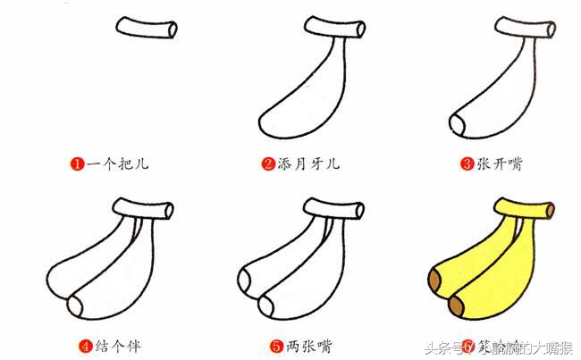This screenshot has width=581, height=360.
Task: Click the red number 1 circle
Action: [x=78, y=163]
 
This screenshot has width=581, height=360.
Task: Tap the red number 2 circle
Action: [x=267, y=163]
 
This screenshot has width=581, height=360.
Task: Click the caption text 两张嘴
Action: [x=310, y=343]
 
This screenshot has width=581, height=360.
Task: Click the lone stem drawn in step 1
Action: [x=146, y=29]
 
